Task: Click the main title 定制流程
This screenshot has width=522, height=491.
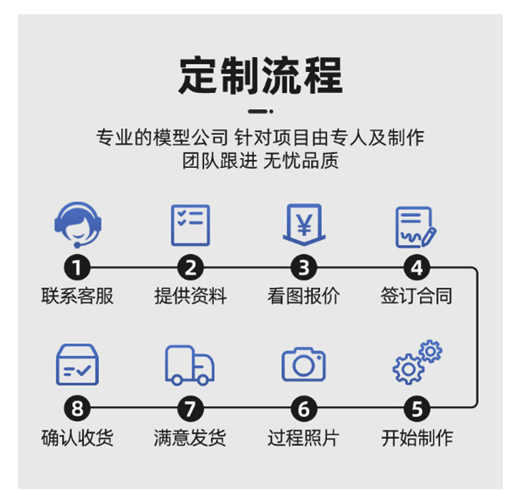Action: [260, 76]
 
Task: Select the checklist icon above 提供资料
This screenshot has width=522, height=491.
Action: [190, 225]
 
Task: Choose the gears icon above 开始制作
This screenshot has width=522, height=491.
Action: [417, 361]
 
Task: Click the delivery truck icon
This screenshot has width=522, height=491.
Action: [190, 365]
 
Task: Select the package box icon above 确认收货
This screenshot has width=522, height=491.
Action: [77, 365]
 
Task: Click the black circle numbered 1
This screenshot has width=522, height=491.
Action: [77, 268]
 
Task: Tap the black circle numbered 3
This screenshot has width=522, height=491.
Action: [303, 268]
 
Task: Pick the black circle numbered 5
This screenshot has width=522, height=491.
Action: [417, 408]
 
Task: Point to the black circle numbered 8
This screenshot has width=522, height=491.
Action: [77, 408]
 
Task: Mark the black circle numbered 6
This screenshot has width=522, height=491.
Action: [303, 408]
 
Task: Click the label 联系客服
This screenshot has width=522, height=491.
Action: [77, 296]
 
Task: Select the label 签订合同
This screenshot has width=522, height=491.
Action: [416, 296]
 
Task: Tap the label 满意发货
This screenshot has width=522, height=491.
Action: [190, 437]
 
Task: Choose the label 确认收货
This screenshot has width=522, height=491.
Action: [77, 437]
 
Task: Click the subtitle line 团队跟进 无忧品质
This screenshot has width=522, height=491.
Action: [260, 161]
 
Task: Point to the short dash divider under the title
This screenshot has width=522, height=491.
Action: [260, 111]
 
